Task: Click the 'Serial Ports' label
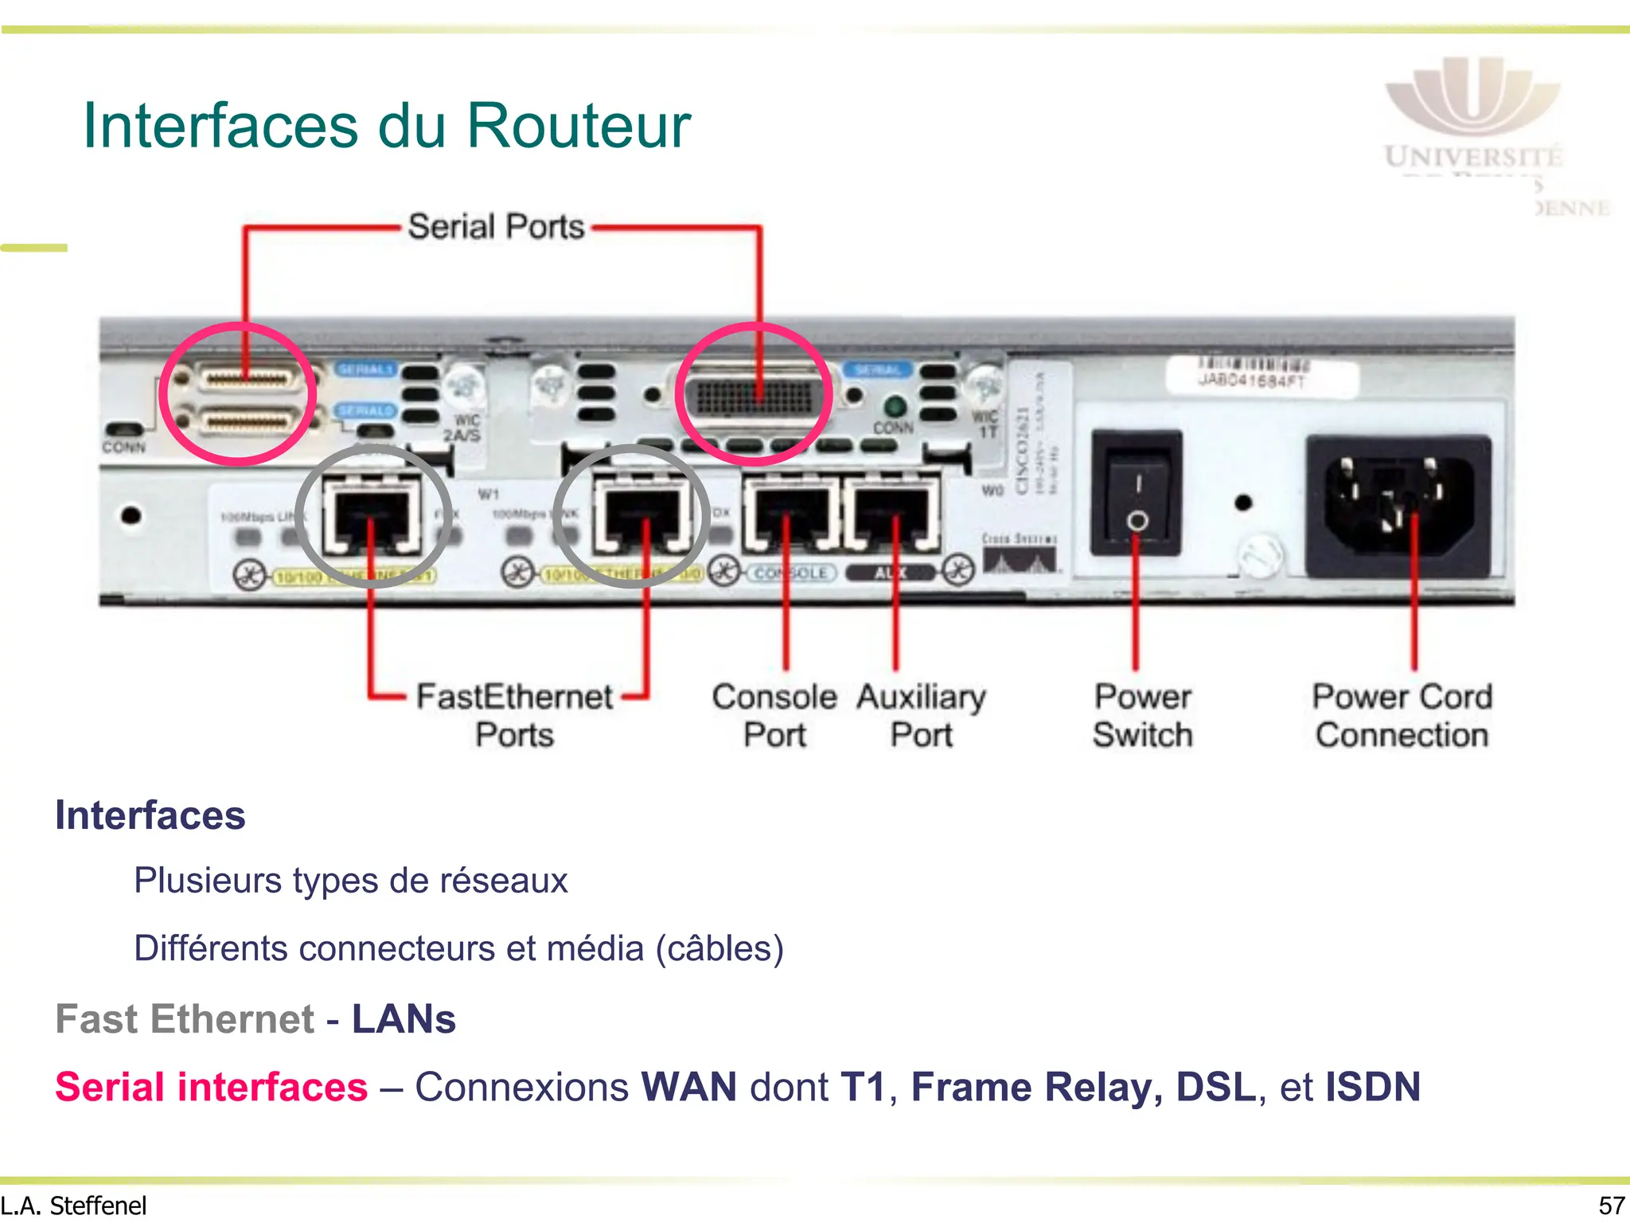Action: click(496, 227)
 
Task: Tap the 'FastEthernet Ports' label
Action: click(514, 715)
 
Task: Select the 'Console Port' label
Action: click(774, 715)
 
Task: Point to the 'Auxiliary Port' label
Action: click(921, 715)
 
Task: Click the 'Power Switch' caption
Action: click(1142, 715)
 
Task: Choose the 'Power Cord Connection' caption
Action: click(1402, 715)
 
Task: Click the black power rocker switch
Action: click(1137, 493)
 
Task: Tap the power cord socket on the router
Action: click(1398, 505)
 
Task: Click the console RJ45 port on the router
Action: click(790, 514)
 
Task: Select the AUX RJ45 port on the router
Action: click(891, 514)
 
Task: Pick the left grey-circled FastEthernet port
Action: click(372, 516)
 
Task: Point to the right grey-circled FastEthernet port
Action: click(641, 516)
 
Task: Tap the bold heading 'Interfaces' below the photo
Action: click(150, 815)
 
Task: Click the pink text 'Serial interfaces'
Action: click(211, 1087)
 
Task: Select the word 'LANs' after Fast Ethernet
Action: click(404, 1019)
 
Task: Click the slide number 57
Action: click(1611, 1205)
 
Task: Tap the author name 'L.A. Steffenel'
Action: click(74, 1205)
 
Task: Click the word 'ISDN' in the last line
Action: click(1372, 1087)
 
